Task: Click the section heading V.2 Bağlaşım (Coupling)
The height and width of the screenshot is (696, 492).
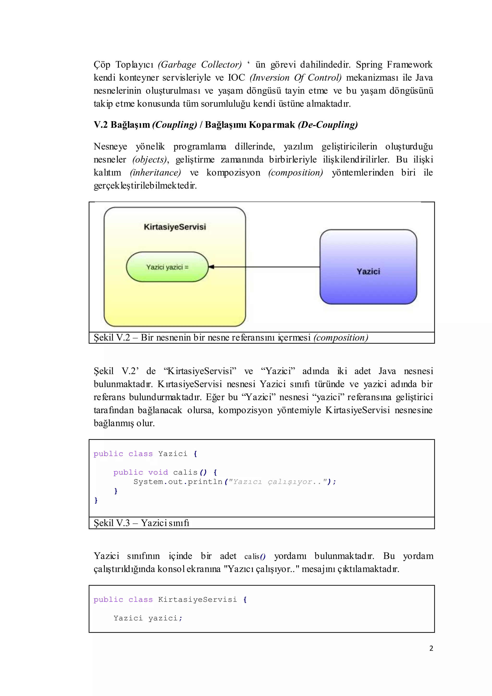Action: point(145,124)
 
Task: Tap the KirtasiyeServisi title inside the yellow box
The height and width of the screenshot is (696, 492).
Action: point(175,227)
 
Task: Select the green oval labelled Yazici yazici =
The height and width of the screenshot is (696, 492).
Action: point(167,267)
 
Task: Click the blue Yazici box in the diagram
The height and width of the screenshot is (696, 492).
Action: point(368,267)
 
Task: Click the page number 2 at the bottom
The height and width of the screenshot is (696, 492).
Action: point(431,648)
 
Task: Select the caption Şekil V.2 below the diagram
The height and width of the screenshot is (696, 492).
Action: point(112,337)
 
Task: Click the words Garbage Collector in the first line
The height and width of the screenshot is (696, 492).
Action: point(200,65)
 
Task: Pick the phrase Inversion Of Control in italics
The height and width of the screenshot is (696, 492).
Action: point(295,78)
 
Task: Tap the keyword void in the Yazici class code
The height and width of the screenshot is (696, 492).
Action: point(158,472)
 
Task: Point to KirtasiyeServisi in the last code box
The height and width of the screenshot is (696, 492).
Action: point(197,600)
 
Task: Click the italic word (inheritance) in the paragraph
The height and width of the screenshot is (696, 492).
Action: point(155,173)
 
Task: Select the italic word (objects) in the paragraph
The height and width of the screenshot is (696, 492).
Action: point(150,159)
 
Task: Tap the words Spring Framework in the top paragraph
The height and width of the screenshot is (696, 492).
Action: point(394,65)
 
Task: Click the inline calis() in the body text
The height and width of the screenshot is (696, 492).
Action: point(255,557)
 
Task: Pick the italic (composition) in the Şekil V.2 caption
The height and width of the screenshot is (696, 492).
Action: point(340,337)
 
